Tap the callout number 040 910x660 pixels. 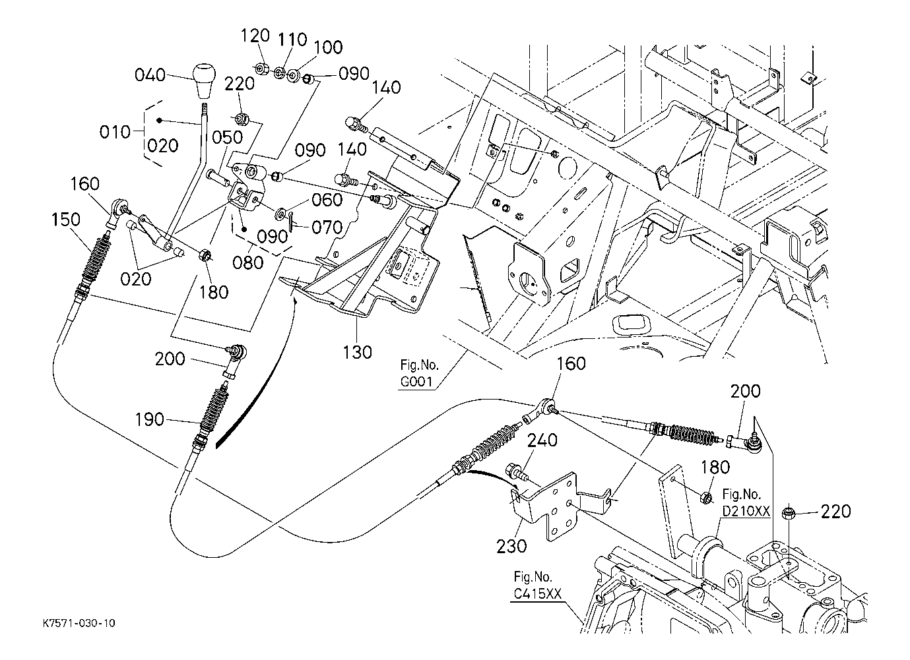point(150,75)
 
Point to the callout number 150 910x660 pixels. point(67,219)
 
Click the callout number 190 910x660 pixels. point(149,419)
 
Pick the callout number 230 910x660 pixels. point(512,546)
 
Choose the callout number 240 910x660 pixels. point(542,440)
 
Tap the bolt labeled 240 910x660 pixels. point(514,473)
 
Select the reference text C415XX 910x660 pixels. point(537,594)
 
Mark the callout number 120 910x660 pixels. point(256,35)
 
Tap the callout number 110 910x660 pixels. point(292,40)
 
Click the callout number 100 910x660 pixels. point(327,47)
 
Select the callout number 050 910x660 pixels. point(228,137)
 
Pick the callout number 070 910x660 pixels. point(327,228)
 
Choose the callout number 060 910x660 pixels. point(327,199)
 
